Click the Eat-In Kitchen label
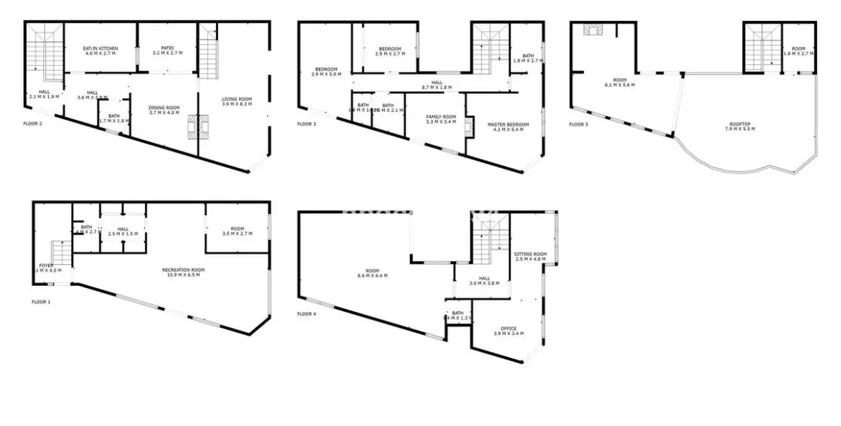pyautogui.click(x=101, y=51)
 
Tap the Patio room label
pyautogui.click(x=167, y=51)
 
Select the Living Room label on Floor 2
pyautogui.click(x=236, y=102)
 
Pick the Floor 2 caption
pyautogui.click(x=33, y=123)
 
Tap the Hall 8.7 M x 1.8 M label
pyautogui.click(x=436, y=85)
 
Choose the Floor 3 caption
pyautogui.click(x=307, y=123)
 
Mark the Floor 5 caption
pyautogui.click(x=579, y=124)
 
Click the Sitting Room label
pyautogui.click(x=531, y=256)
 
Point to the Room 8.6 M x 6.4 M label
pyautogui.click(x=372, y=274)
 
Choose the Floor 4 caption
pyautogui.click(x=307, y=314)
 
